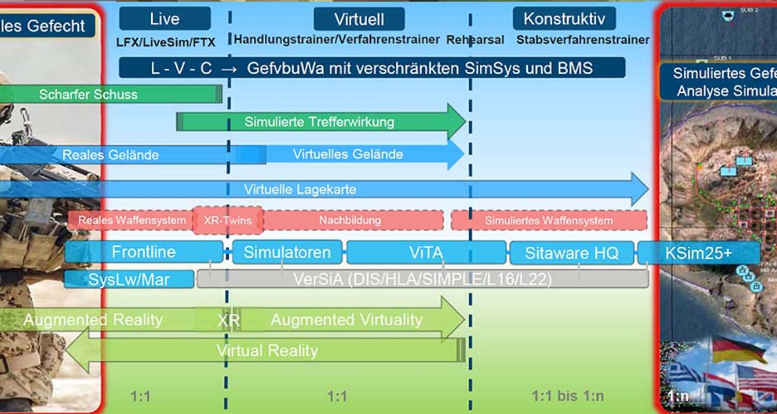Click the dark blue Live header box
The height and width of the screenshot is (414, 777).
pyautogui.click(x=165, y=19)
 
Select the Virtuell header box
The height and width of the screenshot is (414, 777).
pyautogui.click(x=359, y=20)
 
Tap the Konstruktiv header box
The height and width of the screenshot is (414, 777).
pyautogui.click(x=564, y=19)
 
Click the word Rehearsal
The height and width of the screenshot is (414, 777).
pyautogui.click(x=475, y=40)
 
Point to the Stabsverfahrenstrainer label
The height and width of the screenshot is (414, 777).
pyautogui.click(x=583, y=40)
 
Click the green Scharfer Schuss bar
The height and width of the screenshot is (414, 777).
pyautogui.click(x=88, y=94)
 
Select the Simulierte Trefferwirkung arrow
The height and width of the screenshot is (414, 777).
pyautogui.click(x=319, y=122)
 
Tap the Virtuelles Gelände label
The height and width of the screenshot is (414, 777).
pyautogui.click(x=348, y=154)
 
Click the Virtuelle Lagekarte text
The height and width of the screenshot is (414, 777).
pyautogui.click(x=300, y=189)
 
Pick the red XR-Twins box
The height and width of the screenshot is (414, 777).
pyautogui.click(x=227, y=220)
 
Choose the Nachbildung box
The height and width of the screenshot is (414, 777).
pyautogui.click(x=350, y=220)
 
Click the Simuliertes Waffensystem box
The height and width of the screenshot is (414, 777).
pyautogui.click(x=549, y=220)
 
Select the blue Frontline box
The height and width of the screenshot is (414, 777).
pyautogui.click(x=143, y=253)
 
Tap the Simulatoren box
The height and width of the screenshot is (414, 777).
pyautogui.click(x=287, y=253)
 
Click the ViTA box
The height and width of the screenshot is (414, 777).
pyautogui.click(x=426, y=253)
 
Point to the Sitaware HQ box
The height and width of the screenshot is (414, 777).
pyautogui.click(x=571, y=253)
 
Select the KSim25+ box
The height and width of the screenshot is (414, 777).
pyautogui.click(x=698, y=253)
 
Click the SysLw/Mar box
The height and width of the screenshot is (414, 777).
pyautogui.click(x=129, y=279)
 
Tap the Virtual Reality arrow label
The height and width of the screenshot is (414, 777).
pyautogui.click(x=267, y=351)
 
